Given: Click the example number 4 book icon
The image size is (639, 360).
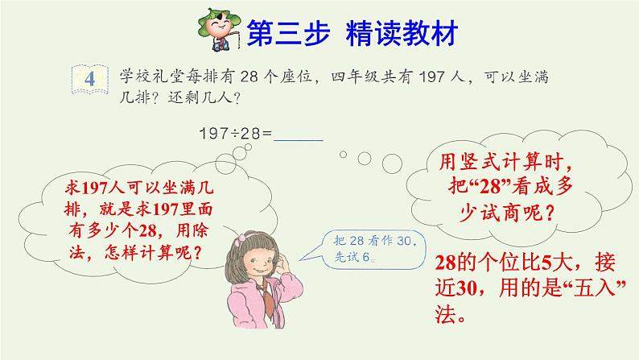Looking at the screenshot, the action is click(89, 79).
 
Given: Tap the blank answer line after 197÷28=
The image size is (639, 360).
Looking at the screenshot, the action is click(299, 141).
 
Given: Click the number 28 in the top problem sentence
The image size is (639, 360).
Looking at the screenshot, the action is click(249, 77).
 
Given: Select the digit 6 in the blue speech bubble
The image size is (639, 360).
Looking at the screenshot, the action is click(365, 257).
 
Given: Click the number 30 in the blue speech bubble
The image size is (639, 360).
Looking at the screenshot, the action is click(404, 241).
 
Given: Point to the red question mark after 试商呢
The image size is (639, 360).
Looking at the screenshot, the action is click(550, 213).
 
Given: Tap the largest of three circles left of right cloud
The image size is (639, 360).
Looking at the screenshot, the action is click(392, 164).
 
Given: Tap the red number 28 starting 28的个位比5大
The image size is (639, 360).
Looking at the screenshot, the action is click(445, 263).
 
